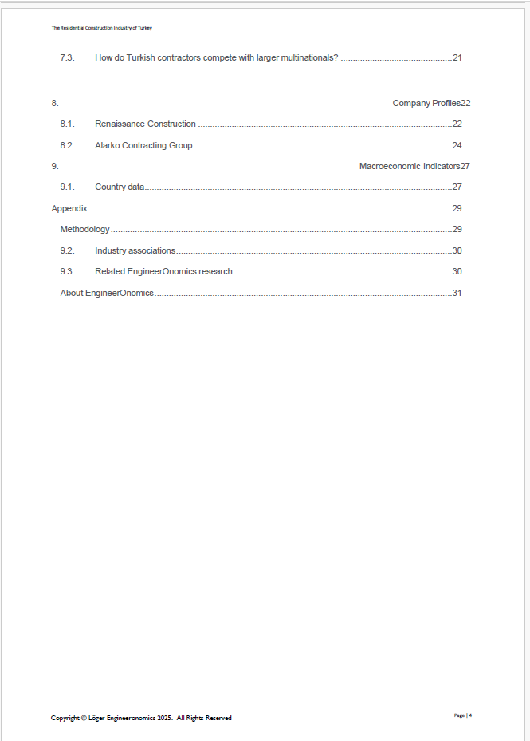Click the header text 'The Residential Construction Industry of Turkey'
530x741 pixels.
[x=102, y=28]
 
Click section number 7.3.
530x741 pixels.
[x=67, y=57]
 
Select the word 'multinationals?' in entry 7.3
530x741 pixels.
[x=309, y=57]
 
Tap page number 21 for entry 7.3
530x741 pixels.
[x=457, y=57]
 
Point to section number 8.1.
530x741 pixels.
[x=67, y=124]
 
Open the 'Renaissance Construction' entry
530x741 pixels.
[x=145, y=124]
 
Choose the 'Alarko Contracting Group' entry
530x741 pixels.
[x=143, y=145]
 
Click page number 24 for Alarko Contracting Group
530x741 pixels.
[x=457, y=145]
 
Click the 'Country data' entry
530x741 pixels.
[x=120, y=187]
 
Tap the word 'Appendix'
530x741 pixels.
[x=69, y=208]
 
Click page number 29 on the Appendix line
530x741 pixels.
[x=457, y=208]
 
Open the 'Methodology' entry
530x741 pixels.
[x=84, y=229]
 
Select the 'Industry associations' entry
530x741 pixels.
[x=135, y=250]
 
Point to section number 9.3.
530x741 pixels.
[x=67, y=271]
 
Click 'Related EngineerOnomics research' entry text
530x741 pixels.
[x=163, y=271]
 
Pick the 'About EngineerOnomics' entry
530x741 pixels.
[x=107, y=293]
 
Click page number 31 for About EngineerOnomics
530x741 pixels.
[x=457, y=293]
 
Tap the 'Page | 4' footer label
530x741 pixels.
[x=463, y=715]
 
